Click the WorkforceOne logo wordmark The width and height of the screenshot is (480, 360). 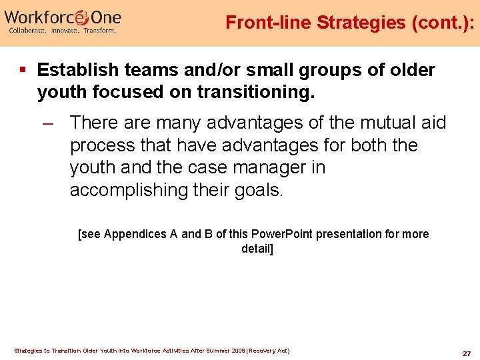pos(63,16)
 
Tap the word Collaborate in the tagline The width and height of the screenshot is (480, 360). pos(27,31)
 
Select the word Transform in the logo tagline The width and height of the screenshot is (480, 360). pos(100,31)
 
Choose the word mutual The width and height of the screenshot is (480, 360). pos(378,123)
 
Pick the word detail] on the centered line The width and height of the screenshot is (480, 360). pos(257,249)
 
